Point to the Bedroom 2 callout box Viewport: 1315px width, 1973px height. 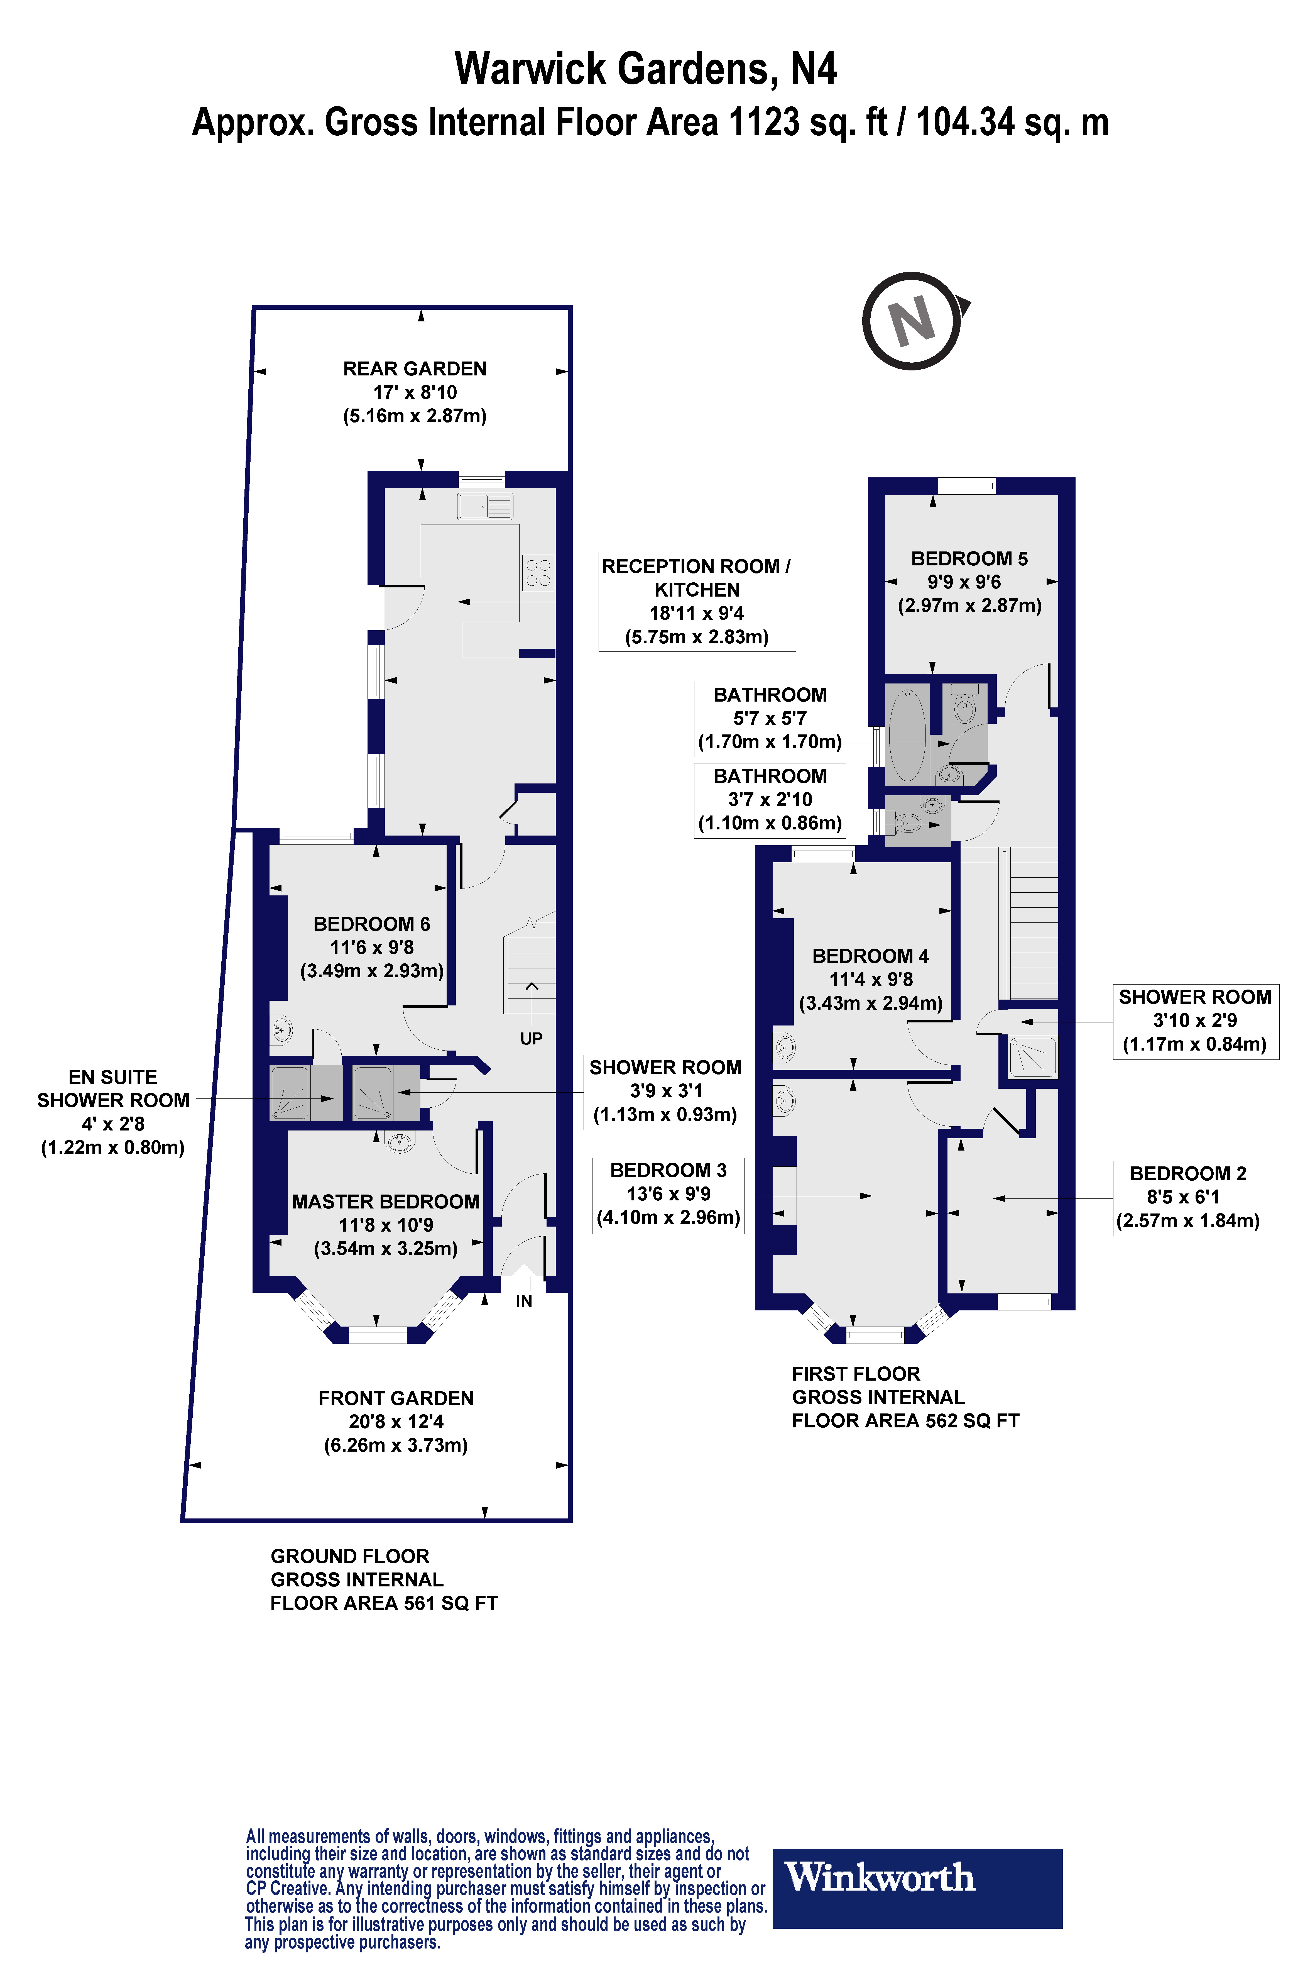point(1188,1198)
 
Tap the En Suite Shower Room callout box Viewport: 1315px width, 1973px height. point(115,1112)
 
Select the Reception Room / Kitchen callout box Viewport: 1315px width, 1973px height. point(697,602)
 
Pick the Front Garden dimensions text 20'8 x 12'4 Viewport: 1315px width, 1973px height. point(397,1421)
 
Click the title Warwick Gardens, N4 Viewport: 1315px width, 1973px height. point(646,69)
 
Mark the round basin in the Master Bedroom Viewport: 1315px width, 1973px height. point(399,1141)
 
